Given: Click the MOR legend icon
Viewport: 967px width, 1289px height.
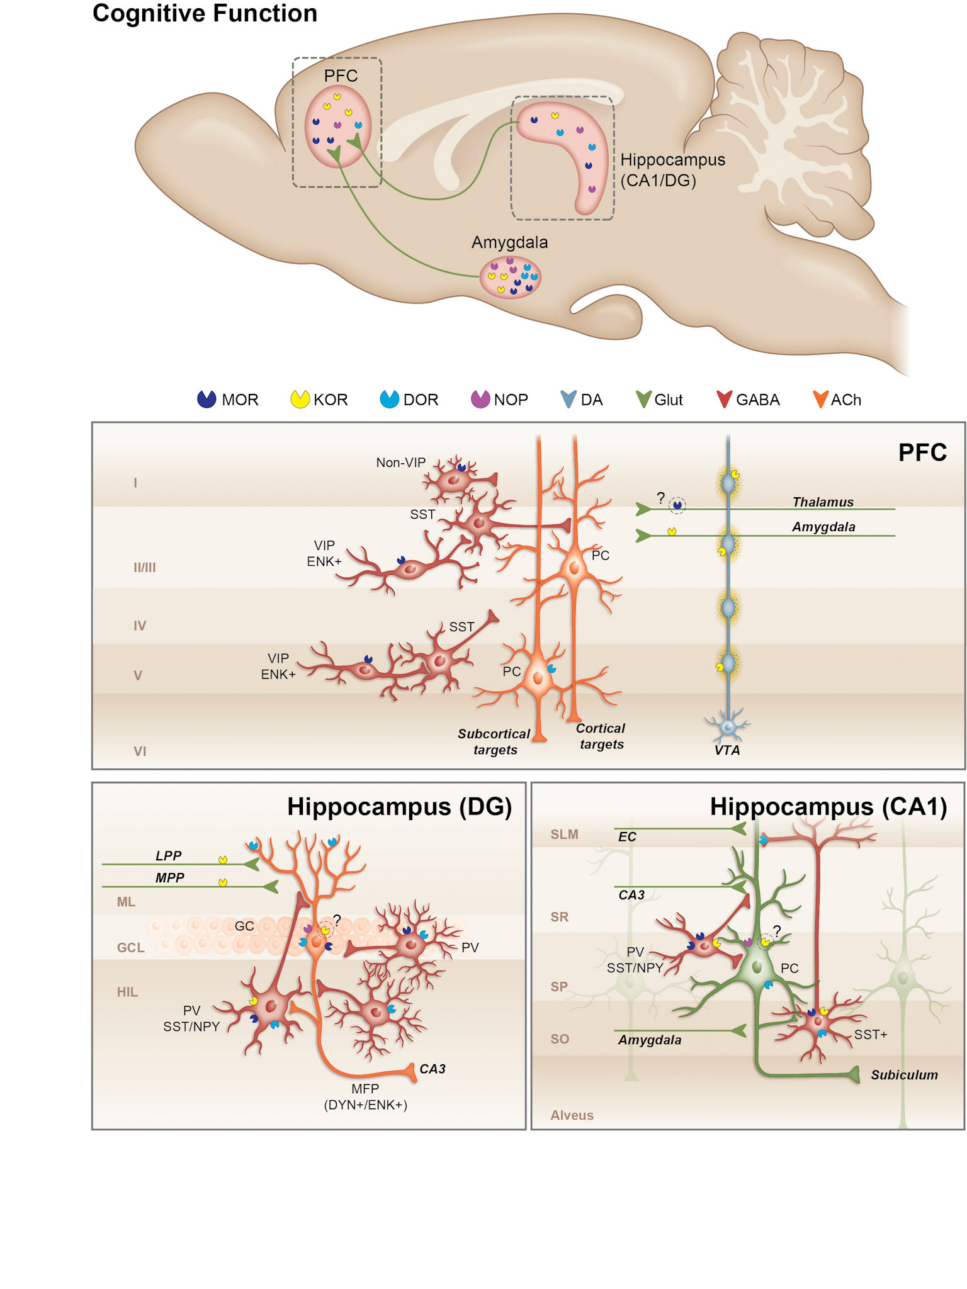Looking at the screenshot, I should pos(206,399).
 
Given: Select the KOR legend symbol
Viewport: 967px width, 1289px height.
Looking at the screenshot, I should pos(300,399).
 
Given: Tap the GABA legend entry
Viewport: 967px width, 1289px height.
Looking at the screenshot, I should pos(724,399).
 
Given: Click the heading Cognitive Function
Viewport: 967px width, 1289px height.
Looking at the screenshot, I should pos(205,13).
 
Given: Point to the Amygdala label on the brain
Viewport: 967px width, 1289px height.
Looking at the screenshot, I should pos(509,242).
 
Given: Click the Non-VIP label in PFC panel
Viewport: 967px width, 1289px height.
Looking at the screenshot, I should pos(400,463).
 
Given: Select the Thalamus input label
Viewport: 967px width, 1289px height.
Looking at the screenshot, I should pos(822,502).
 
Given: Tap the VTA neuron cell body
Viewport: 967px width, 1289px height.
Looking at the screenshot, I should pos(728,726).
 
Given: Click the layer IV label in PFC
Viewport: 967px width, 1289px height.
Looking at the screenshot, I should pos(140,626).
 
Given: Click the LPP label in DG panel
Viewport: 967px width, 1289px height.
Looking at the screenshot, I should pos(168,855).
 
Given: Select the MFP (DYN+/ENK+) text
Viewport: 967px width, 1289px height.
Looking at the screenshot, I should pos(365,1096).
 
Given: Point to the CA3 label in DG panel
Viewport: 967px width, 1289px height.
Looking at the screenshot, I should pos(433,1069).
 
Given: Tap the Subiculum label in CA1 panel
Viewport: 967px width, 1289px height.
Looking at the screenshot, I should pos(904,1075).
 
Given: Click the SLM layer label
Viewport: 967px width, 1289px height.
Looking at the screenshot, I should pos(564,835).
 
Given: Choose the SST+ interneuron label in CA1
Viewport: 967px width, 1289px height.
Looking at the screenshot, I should pos(870,1035).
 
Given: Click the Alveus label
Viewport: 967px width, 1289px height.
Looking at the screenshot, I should pos(572,1115).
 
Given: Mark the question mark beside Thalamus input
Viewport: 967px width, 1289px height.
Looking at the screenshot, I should pos(660,498).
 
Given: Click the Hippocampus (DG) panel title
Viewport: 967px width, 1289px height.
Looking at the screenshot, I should pos(399,807).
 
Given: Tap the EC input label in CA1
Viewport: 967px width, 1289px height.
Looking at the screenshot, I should pos(627,836).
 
